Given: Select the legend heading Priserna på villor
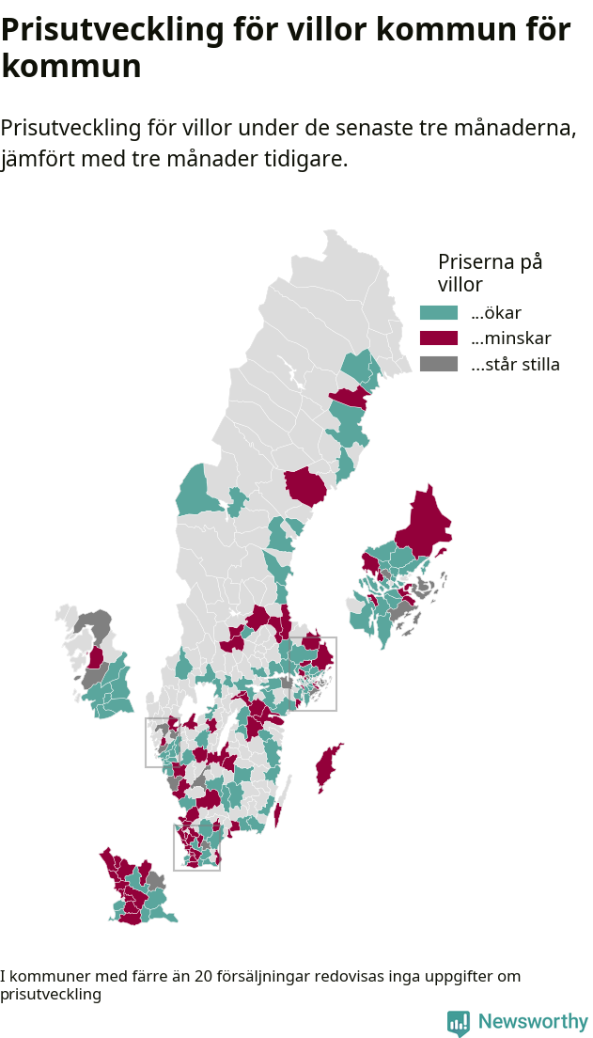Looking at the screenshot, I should point(490,273).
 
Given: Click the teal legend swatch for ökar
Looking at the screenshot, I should point(438,313).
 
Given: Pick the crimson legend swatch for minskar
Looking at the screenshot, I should point(438,338).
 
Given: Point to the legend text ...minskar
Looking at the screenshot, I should point(510,338).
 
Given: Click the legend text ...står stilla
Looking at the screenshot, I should point(515,365).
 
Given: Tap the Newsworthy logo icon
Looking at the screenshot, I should point(458,1023).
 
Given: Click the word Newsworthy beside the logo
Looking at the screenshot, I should point(533,1022).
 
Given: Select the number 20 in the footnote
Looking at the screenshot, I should point(203,977).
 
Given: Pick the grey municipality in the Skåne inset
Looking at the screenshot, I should point(155,882).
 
